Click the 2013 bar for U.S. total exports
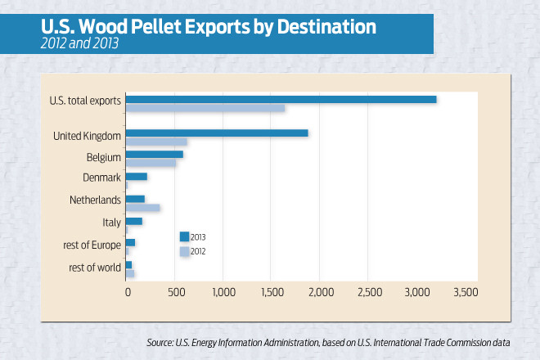(x=281, y=99)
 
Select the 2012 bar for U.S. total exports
(x=205, y=108)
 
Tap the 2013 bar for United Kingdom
(x=217, y=133)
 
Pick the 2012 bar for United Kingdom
(x=156, y=142)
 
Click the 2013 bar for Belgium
(x=155, y=155)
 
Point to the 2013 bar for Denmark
(x=137, y=177)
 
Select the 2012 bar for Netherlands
(x=143, y=208)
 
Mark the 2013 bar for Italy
(x=134, y=221)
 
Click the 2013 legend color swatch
(x=184, y=237)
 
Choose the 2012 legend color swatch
(x=184, y=251)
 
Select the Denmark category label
(x=102, y=178)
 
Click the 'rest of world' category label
(x=92, y=266)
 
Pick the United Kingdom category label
(x=87, y=134)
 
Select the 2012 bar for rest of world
(x=130, y=273)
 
